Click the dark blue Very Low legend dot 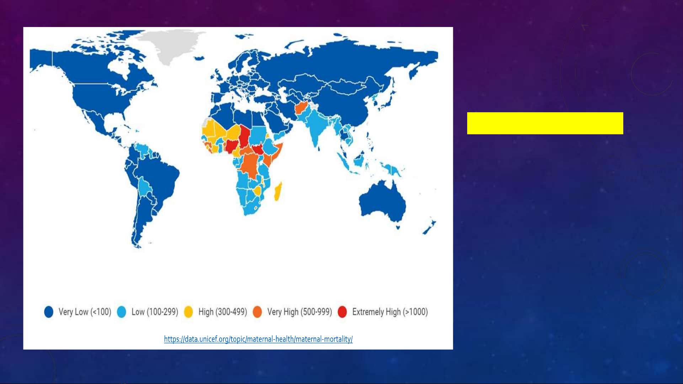pos(49,312)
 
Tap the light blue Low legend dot pos(122,312)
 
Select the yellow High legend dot pos(188,312)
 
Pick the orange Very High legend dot pos(257,312)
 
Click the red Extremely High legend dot pos(342,312)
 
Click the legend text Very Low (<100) pos(85,312)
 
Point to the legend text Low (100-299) pos(155,312)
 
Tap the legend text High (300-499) pos(223,312)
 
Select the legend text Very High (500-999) pos(300,312)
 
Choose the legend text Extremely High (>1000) pos(390,312)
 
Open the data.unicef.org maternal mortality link pos(258,339)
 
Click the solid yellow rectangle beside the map pos(545,123)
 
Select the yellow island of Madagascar pos(278,191)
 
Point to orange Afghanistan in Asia pos(301,108)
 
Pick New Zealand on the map pos(429,227)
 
